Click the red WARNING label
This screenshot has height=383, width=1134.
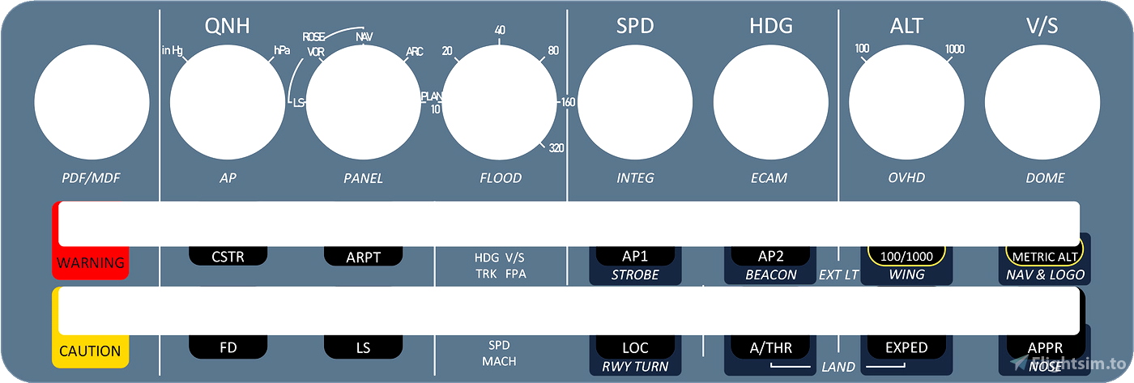click(x=91, y=262)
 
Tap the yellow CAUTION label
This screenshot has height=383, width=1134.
click(x=90, y=351)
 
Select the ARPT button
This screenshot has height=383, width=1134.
click(x=363, y=257)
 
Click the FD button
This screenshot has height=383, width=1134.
click(x=228, y=347)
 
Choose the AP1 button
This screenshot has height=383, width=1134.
click(x=635, y=256)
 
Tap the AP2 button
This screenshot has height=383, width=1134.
click(x=770, y=256)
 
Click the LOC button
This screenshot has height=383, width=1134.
click(x=635, y=347)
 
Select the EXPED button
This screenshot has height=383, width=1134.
click(x=906, y=347)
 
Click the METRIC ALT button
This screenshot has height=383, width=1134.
click(x=1045, y=256)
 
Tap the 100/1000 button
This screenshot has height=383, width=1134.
click(x=906, y=256)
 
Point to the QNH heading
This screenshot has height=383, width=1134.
click(x=227, y=26)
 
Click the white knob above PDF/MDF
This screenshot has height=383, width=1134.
click(x=92, y=102)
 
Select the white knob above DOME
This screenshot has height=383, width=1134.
click(x=1042, y=102)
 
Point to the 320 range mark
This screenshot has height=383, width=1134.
click(x=556, y=147)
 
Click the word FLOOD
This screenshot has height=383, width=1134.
click(x=501, y=178)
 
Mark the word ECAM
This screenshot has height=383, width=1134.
click(x=769, y=178)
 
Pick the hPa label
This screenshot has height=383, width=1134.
click(x=282, y=50)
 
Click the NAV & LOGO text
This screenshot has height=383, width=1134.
click(x=1045, y=274)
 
